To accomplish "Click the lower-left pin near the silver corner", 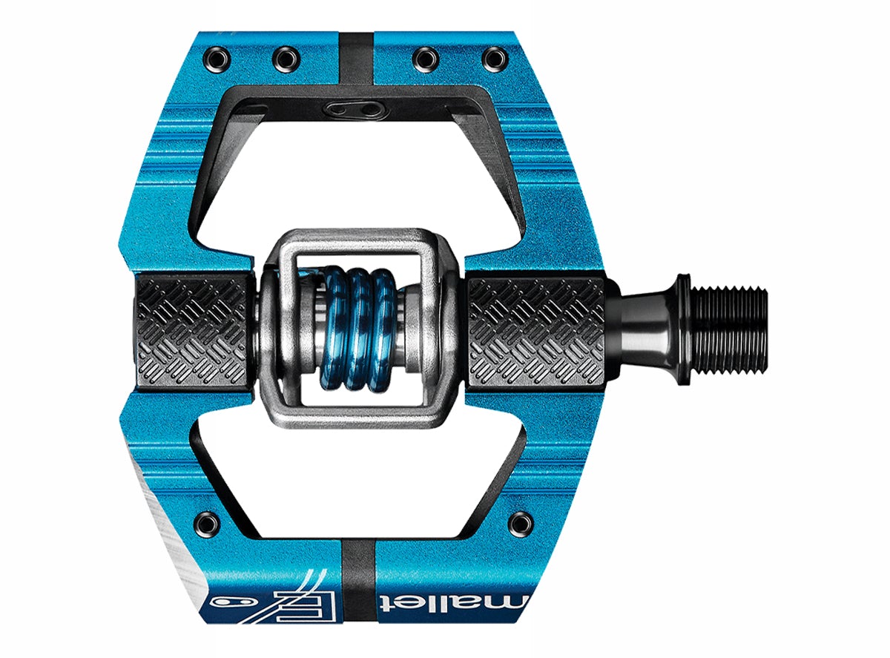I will [202, 520].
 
